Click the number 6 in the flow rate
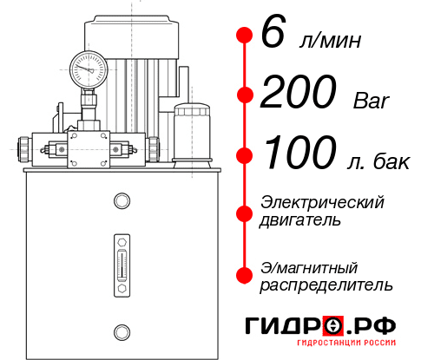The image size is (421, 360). (x=273, y=35)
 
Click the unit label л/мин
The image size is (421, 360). (x=328, y=41)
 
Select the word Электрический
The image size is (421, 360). (x=322, y=202)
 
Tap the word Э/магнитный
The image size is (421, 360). (x=310, y=266)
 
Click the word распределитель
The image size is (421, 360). (x=327, y=285)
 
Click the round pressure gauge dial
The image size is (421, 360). (x=89, y=67)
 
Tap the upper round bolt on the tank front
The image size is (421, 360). (x=121, y=201)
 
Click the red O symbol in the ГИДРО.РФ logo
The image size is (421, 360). (x=332, y=327)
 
